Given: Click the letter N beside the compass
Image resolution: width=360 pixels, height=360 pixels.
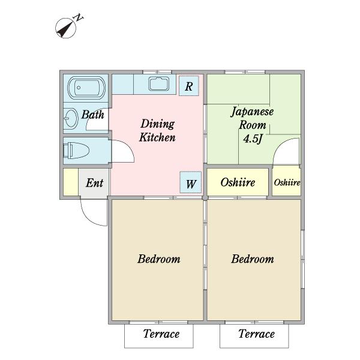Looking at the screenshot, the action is pos(78,17).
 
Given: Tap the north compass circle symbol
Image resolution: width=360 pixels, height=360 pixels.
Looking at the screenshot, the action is pos(65,28).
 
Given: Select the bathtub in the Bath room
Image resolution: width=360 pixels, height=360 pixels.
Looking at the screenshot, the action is pos(86,88).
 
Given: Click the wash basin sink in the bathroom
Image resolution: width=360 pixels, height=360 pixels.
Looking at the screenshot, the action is pos(71,118).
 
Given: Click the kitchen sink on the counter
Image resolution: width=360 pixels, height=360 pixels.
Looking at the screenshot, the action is pos(159,83).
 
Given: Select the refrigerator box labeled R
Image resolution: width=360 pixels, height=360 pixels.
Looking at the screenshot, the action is pos(189,86).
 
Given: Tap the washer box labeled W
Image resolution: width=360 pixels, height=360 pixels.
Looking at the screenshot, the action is pos(191,182).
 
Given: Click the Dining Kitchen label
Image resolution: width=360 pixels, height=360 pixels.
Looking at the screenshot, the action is pos(157,130).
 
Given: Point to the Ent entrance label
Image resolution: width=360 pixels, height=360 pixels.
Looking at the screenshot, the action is pos(94,183).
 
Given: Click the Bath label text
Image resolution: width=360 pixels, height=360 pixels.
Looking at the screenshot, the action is pos(93,115).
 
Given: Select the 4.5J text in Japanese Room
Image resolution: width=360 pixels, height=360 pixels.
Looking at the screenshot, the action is pos(253,139).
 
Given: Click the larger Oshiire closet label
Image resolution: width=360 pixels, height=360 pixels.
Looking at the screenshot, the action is pos(238,182).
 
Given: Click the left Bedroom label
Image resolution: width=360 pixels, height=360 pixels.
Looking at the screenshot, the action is pos(159,259).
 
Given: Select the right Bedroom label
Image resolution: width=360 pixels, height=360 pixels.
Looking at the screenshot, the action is pos(253,259).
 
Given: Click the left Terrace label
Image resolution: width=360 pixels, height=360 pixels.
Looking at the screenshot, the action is pos(161,334).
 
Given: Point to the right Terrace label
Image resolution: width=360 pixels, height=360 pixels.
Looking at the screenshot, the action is pos(256,334).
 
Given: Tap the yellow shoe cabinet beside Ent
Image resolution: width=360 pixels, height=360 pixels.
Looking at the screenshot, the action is pos(71,182).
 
